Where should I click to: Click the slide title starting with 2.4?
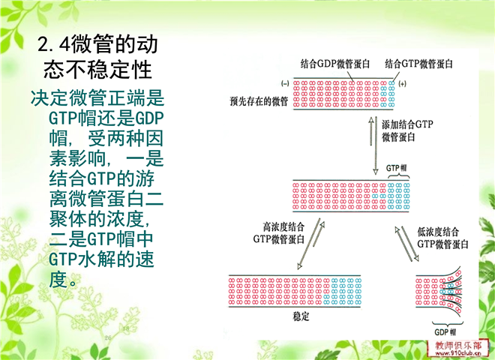click(x=97, y=57)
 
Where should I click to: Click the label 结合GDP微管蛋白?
click(x=335, y=64)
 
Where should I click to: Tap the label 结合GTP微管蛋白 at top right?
click(x=418, y=64)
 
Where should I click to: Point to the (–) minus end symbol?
click(x=285, y=84)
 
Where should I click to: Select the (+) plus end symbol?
click(x=402, y=84)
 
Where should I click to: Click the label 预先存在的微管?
click(x=259, y=101)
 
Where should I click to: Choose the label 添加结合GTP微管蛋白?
click(x=407, y=130)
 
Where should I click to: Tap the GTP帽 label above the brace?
click(x=396, y=168)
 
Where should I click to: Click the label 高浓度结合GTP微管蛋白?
click(x=279, y=232)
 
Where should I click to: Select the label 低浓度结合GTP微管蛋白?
click(x=442, y=238)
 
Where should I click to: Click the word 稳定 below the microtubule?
click(x=301, y=316)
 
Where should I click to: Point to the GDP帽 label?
click(x=445, y=332)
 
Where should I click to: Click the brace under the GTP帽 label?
click(x=398, y=175)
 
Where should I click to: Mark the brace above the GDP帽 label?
click(x=447, y=324)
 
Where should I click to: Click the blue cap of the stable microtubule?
click(x=342, y=291)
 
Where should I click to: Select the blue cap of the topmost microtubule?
click(x=388, y=94)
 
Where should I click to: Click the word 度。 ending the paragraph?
click(x=63, y=280)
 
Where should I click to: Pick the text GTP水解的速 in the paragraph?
click(x=102, y=259)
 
